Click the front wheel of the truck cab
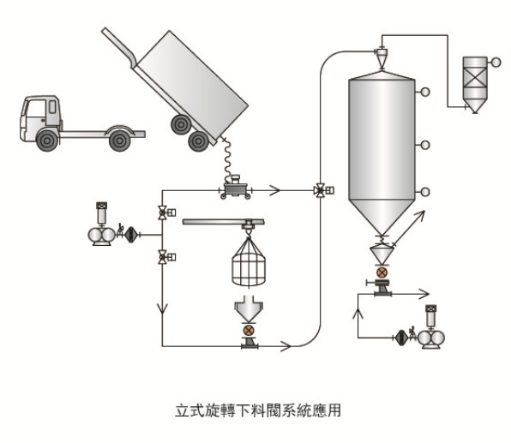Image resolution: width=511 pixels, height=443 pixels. (x=47, y=141)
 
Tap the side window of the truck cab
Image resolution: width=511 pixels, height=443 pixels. (x=52, y=107)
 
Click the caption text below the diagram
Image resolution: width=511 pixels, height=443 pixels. (x=258, y=410)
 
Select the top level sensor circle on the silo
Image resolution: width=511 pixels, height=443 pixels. (x=425, y=92)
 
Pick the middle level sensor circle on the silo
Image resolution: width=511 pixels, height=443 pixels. (x=425, y=145)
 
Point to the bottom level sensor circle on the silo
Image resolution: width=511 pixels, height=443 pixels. (x=425, y=192)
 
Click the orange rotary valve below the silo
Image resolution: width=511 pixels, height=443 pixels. (x=382, y=272)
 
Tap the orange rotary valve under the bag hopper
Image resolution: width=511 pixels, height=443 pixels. (x=249, y=331)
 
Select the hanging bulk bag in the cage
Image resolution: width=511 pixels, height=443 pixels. (x=249, y=262)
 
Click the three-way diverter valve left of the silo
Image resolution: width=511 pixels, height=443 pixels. (x=321, y=190)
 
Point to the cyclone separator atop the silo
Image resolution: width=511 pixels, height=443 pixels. (x=382, y=58)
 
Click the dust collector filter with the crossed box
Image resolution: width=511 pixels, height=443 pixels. (x=475, y=85)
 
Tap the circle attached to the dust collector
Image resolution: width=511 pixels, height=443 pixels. (x=496, y=63)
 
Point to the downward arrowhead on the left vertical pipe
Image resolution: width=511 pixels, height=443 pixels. (x=162, y=308)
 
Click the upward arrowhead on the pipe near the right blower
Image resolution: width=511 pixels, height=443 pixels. (x=358, y=314)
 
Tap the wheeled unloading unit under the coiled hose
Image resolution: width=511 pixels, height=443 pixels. (x=236, y=188)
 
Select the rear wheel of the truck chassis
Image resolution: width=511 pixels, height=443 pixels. (x=119, y=141)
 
